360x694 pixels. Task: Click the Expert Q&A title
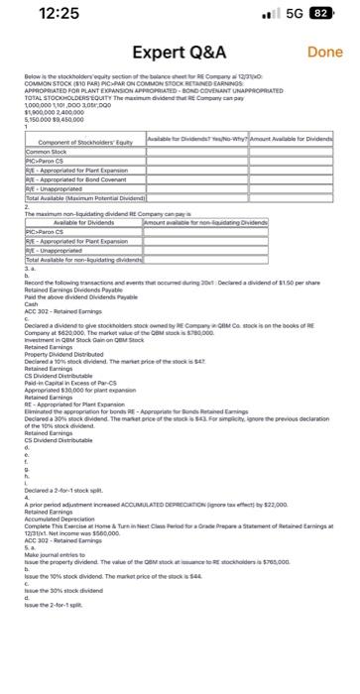click(180, 52)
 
